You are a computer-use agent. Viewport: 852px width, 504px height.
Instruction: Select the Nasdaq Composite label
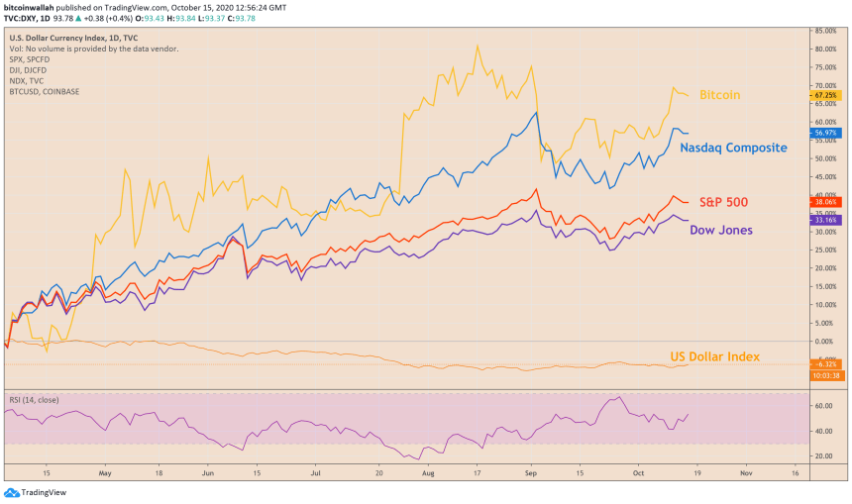pos(733,148)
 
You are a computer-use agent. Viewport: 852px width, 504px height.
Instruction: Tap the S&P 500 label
pos(723,202)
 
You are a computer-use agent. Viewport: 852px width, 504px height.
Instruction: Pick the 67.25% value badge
pos(824,95)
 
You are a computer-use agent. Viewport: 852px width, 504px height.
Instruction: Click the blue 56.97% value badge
pos(824,132)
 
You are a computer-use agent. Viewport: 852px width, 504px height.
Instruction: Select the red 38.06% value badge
pos(824,201)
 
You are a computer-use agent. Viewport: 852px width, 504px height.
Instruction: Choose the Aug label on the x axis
pos(427,474)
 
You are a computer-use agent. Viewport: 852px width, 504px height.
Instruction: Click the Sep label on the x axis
pos(532,474)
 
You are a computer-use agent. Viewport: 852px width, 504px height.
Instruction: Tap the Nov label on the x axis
pos(744,474)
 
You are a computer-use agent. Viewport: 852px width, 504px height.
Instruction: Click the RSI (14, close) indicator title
pos(35,400)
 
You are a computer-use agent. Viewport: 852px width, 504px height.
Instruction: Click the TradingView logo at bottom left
pos(30,492)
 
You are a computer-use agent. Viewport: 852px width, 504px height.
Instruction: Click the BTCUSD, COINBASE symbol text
pos(45,92)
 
